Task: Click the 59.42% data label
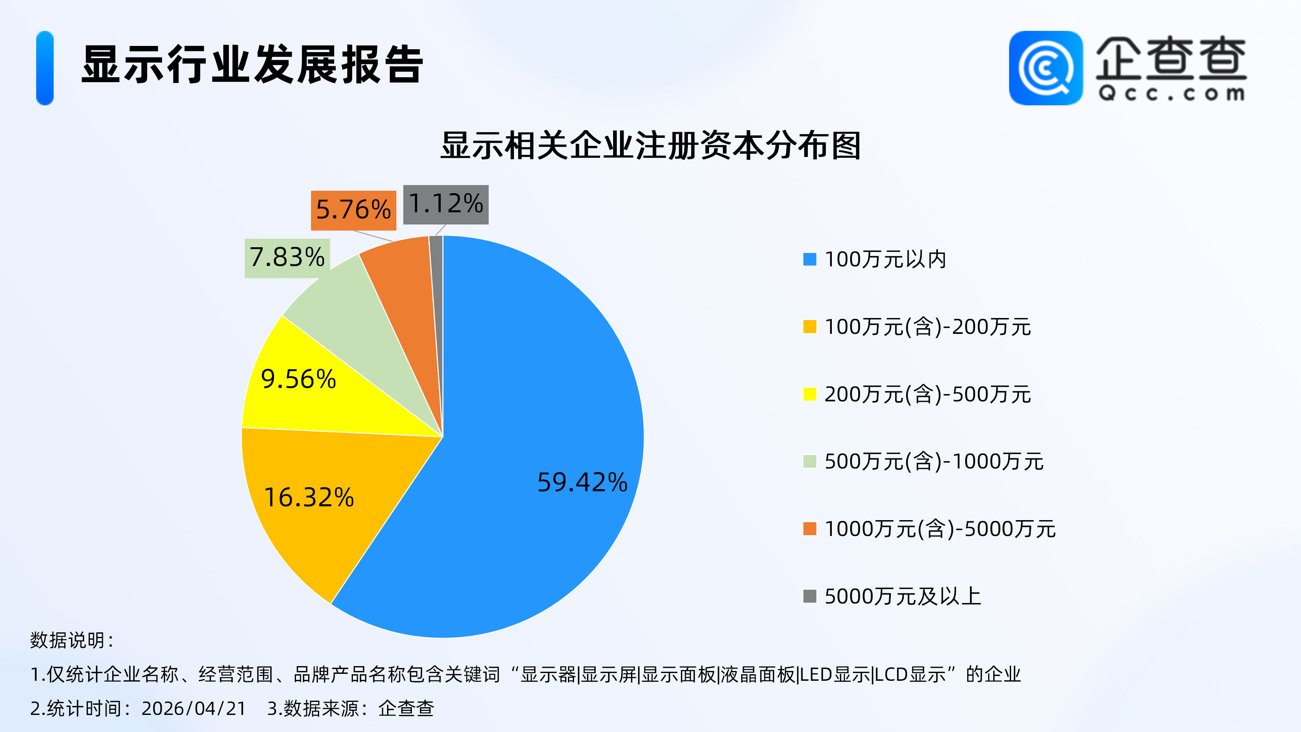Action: click(582, 482)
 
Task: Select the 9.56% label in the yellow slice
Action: click(298, 379)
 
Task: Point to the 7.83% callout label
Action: click(287, 258)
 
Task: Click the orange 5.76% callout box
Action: click(353, 210)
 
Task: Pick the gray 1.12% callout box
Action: click(446, 204)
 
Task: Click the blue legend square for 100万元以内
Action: click(809, 259)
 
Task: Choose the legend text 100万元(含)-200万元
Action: click(927, 327)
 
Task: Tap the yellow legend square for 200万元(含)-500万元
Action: click(809, 394)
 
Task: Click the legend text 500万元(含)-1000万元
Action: click(933, 462)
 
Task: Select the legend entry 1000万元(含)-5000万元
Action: click(940, 529)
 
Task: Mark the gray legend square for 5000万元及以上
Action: click(809, 596)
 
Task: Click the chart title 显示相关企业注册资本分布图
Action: click(650, 146)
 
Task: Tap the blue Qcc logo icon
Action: click(1045, 68)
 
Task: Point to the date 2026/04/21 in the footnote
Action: click(194, 708)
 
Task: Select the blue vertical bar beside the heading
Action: click(45, 68)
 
